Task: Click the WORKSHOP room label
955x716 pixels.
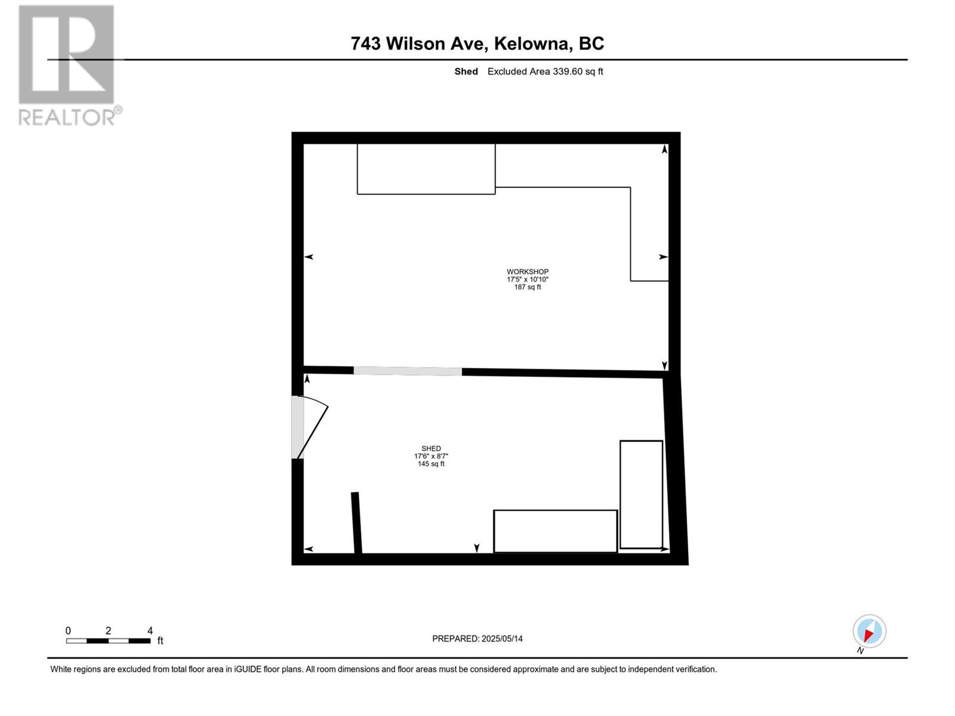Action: click(527, 271)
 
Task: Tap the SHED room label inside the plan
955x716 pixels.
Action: click(431, 448)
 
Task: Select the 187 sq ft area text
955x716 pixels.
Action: click(527, 287)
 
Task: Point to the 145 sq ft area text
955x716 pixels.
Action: click(431, 464)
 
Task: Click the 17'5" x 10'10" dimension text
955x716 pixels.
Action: click(527, 279)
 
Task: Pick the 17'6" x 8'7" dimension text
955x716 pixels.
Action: click(431, 456)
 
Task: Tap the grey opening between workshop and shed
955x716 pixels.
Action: click(408, 371)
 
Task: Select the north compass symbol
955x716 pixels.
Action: click(869, 631)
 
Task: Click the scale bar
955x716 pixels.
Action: click(109, 641)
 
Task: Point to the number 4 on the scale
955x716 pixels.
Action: click(150, 630)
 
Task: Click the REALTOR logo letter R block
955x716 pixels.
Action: click(66, 54)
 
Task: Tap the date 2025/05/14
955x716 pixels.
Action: click(501, 638)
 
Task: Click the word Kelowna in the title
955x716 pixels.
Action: click(533, 44)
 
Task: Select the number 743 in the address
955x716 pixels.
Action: click(365, 44)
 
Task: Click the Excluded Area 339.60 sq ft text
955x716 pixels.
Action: click(545, 71)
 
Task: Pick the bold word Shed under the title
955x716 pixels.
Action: click(466, 71)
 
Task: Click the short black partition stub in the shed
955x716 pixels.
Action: click(356, 523)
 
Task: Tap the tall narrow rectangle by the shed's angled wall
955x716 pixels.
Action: click(641, 495)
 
